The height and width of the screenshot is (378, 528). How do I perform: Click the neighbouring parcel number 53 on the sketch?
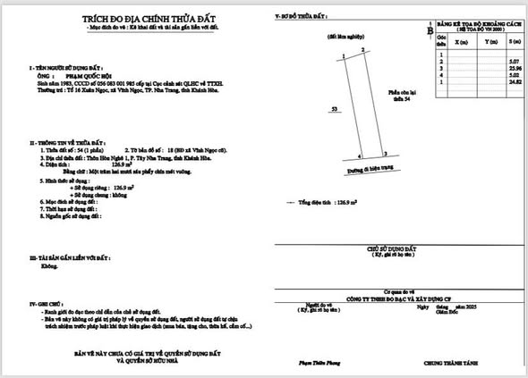[x=334, y=107]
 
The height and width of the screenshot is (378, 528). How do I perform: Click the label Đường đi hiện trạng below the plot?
[x=367, y=167]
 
